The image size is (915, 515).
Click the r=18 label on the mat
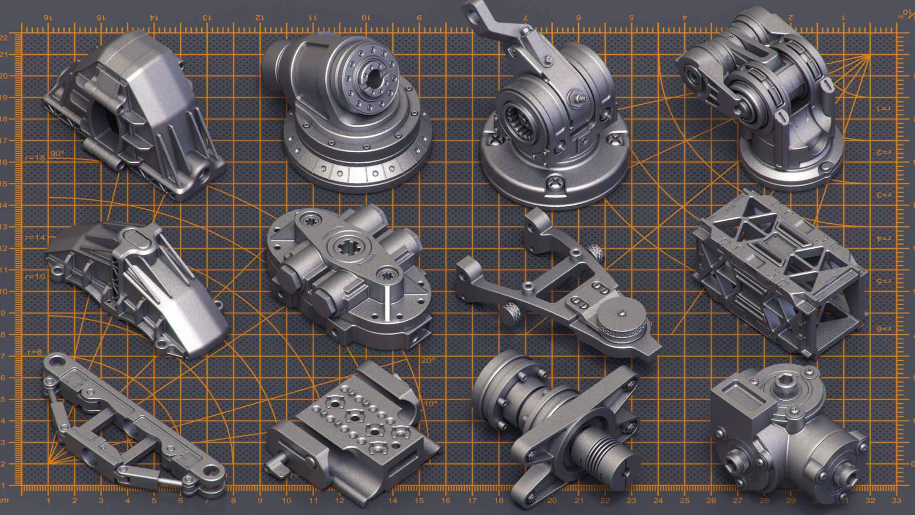(x=35, y=158)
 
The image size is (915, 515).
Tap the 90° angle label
(x=57, y=153)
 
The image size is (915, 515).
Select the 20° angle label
(x=428, y=360)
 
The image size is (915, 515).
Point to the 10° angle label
(x=431, y=403)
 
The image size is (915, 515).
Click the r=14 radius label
(x=35, y=237)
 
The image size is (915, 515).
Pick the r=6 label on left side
(x=35, y=352)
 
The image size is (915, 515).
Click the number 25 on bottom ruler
(x=684, y=500)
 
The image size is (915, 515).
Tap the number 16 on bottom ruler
(x=446, y=500)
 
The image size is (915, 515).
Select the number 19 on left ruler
(x=4, y=97)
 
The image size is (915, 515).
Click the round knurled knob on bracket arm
(x=621, y=322)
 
